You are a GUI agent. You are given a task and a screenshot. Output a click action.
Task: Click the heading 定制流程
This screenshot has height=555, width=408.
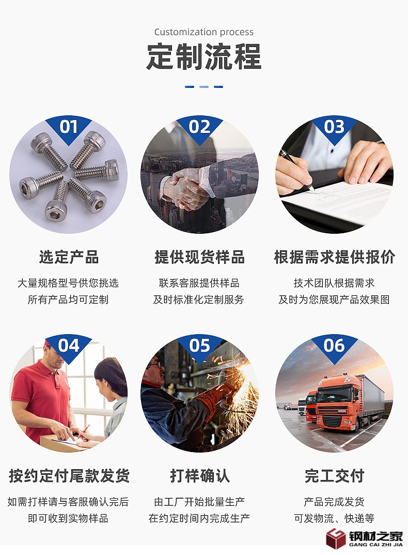pyautogui.click(x=204, y=56)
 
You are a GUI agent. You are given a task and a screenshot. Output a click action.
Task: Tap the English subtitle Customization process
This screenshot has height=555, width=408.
pyautogui.click(x=204, y=32)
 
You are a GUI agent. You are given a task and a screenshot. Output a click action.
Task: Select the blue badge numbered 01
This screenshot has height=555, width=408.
pyautogui.click(x=69, y=128)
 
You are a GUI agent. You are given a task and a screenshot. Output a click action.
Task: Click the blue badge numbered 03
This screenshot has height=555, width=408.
pyautogui.click(x=334, y=128)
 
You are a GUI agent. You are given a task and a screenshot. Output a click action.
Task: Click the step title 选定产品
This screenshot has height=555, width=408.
pyautogui.click(x=69, y=257)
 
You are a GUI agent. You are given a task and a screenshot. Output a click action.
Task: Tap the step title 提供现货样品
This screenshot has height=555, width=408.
pyautogui.click(x=199, y=257)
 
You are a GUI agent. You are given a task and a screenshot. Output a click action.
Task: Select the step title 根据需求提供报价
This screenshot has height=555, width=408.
pyautogui.click(x=335, y=257)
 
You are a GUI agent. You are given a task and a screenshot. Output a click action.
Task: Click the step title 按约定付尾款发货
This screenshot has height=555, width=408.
pyautogui.click(x=69, y=476)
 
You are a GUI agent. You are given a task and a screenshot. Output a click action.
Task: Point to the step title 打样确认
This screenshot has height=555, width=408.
pyautogui.click(x=200, y=476)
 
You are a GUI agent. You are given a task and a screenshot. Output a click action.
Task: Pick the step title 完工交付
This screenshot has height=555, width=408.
pyautogui.click(x=335, y=476)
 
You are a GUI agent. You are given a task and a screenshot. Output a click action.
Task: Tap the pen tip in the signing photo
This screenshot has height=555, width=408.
pyautogui.click(x=314, y=191)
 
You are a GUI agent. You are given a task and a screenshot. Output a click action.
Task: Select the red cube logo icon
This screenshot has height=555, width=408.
pyautogui.click(x=336, y=538)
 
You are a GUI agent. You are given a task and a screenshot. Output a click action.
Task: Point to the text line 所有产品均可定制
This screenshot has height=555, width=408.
pyautogui.click(x=68, y=300)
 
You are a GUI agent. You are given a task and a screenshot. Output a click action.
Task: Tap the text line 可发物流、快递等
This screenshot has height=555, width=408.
pyautogui.click(x=335, y=519)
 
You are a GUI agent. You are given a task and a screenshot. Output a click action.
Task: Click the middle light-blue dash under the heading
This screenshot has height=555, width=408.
pyautogui.click(x=204, y=87)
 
